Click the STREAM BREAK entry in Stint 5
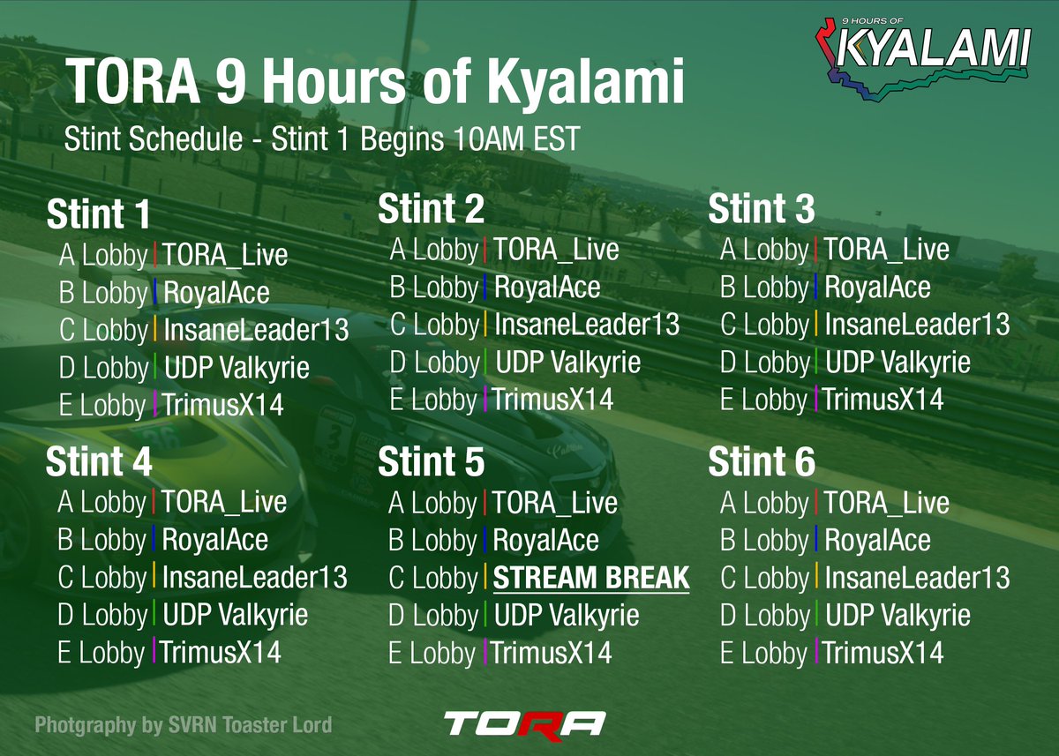coord(590,579)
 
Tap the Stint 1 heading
coord(99,215)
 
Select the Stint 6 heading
coord(762,462)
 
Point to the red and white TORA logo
coord(524,723)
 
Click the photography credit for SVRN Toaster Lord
coord(184,725)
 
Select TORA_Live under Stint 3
coord(886,250)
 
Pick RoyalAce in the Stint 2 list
coord(547,288)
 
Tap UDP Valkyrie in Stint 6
coord(898,615)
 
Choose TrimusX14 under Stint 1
coord(222,406)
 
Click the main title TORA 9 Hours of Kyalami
coord(376,84)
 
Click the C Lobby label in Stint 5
coord(434,579)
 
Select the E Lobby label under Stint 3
coord(763,400)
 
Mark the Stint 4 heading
coord(99,462)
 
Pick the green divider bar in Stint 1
coord(155,367)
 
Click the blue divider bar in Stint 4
coord(154,539)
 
